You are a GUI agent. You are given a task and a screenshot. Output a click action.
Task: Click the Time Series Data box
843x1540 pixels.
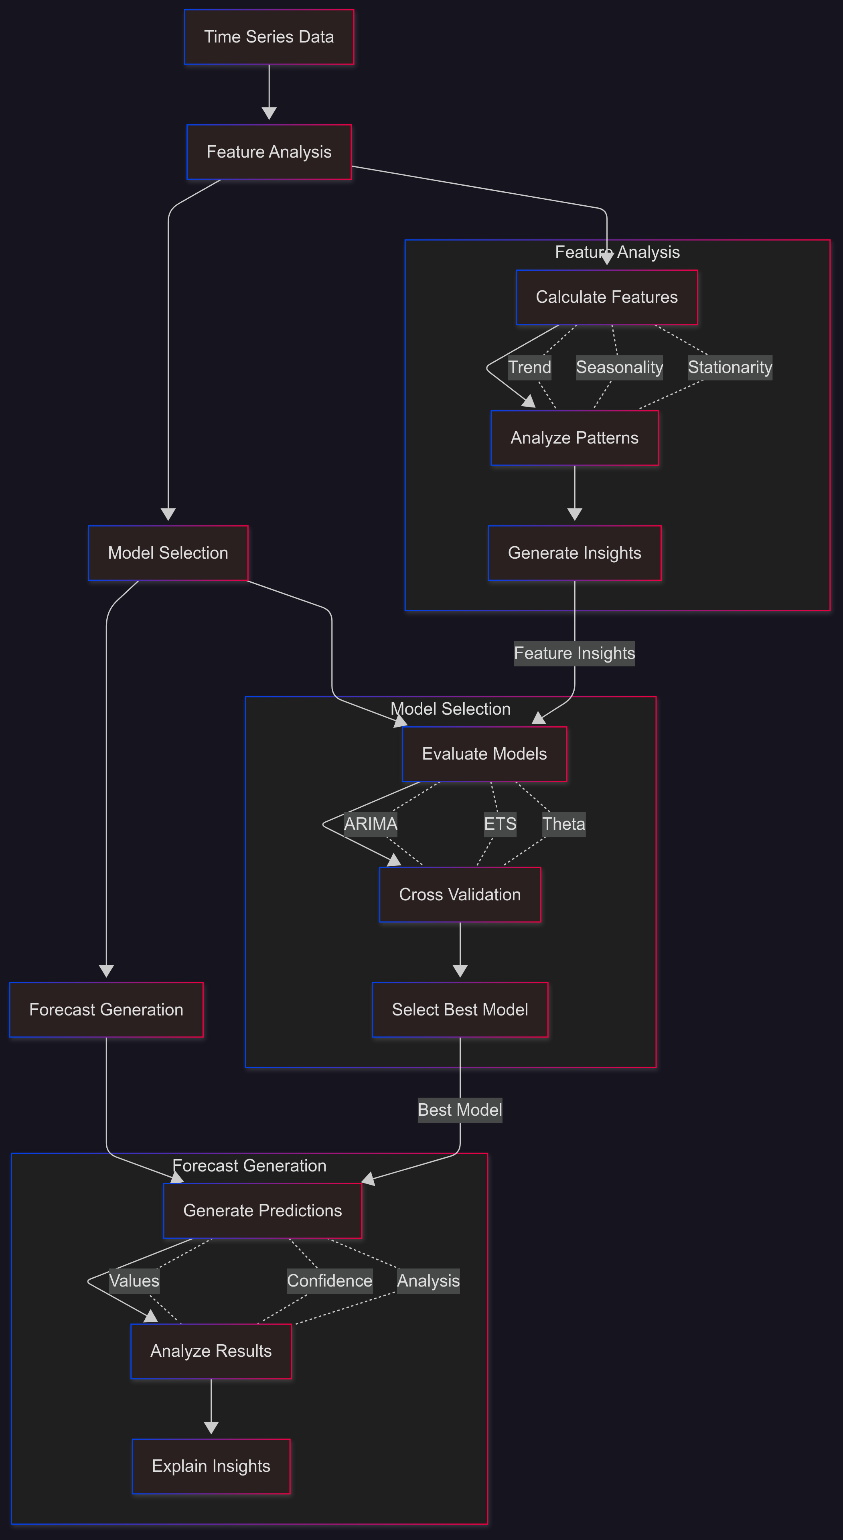click(x=269, y=37)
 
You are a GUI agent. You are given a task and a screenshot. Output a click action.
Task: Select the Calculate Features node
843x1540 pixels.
click(x=606, y=297)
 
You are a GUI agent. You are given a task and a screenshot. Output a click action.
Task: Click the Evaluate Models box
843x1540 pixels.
click(x=484, y=754)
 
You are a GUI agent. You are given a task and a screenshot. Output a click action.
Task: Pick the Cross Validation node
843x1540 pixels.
click(x=460, y=894)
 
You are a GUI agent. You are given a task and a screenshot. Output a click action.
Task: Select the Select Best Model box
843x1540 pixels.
click(x=460, y=1010)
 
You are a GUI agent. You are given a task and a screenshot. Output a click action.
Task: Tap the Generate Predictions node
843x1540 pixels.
click(x=262, y=1211)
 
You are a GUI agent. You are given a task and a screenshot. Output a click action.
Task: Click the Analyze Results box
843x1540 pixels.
click(x=211, y=1351)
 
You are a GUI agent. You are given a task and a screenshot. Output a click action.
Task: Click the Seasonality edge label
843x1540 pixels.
click(x=619, y=367)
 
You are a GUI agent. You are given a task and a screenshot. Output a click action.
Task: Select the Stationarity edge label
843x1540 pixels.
click(x=730, y=367)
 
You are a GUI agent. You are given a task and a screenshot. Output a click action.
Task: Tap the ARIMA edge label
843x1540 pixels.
click(x=371, y=824)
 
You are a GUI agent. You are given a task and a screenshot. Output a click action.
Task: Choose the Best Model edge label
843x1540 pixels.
click(x=460, y=1110)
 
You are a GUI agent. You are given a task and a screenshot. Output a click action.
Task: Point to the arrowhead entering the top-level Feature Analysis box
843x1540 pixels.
click(x=269, y=113)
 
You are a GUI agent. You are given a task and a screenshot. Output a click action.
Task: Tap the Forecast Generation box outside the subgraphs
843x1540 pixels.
click(x=106, y=1010)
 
